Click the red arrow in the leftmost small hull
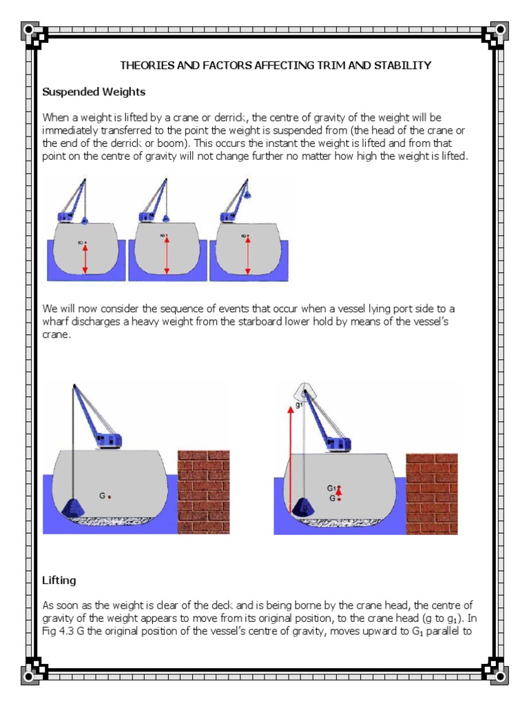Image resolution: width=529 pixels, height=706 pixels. pos(85,259)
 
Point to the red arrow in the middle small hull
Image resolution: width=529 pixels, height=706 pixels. pos(167,255)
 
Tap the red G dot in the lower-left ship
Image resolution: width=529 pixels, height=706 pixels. pos(110,496)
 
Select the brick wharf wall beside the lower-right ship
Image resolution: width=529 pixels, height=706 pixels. pos(431,492)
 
